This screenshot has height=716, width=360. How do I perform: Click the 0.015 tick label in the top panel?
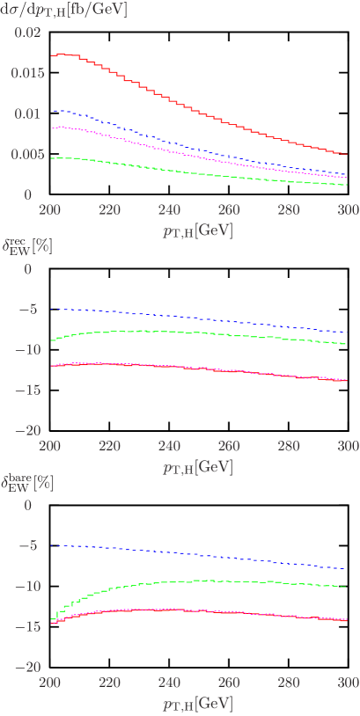[26, 73]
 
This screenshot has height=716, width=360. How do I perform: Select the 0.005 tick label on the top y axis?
[26, 154]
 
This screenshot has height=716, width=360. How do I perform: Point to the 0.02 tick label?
[29, 33]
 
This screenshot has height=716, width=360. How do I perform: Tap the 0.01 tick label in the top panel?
[29, 113]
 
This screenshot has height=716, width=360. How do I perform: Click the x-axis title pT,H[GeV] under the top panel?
[197, 230]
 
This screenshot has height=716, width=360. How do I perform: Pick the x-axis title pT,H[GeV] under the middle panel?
[197, 466]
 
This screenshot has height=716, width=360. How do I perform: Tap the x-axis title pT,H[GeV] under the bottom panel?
[197, 704]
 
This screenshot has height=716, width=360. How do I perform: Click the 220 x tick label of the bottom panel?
[110, 684]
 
